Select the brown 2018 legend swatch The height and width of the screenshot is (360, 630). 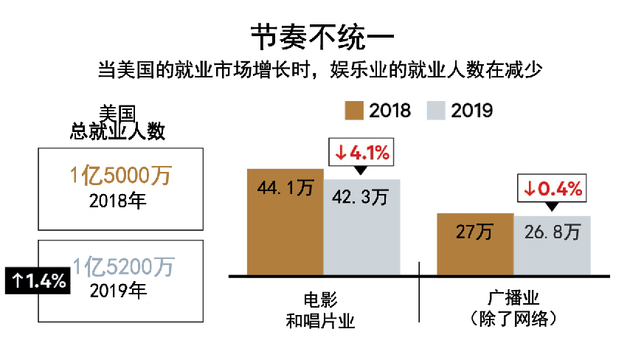click(355, 110)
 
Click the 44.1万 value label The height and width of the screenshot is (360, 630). click(285, 188)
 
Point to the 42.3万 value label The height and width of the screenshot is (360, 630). click(361, 198)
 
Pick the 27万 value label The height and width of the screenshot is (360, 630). click(474, 232)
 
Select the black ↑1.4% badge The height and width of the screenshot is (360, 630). click(38, 280)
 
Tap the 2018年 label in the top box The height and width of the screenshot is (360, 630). click(117, 201)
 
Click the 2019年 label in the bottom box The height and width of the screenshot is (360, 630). click(119, 290)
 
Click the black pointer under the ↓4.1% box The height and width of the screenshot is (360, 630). click(359, 171)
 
